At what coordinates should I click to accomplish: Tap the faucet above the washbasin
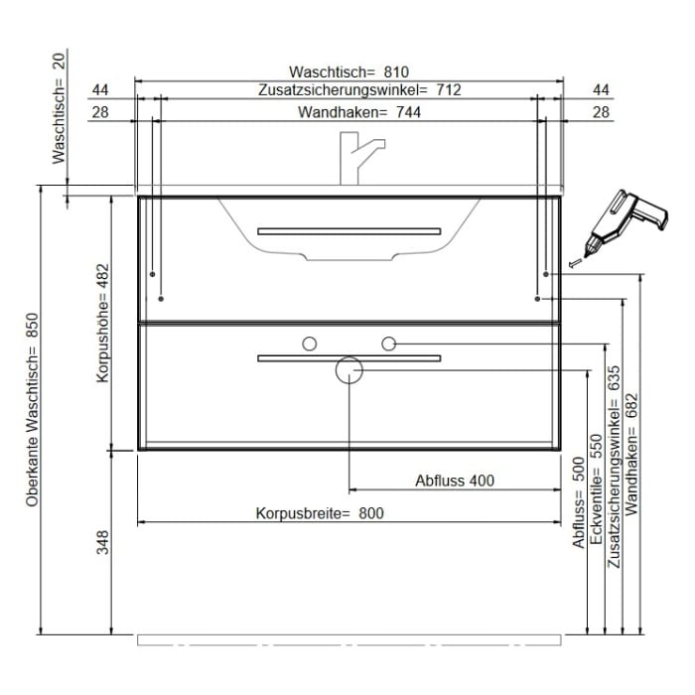pos(358,159)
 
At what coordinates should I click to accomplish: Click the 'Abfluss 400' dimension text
pos(454,481)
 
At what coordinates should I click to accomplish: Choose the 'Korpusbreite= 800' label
pos(319,513)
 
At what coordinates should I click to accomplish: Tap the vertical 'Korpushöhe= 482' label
pos(102,323)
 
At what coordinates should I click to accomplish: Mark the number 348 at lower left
pos(102,542)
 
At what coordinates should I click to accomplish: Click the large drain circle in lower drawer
pos(349,370)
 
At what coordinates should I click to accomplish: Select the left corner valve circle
pos(310,344)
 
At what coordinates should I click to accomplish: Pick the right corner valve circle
pos(389,344)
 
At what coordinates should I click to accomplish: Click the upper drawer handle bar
pos(349,231)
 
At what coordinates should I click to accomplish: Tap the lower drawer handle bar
pos(349,357)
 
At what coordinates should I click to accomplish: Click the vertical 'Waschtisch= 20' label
pos(59,109)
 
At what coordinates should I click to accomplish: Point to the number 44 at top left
pos(100,89)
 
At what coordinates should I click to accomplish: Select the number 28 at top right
pos(600,112)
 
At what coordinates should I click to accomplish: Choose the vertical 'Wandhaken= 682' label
pos(631,452)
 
